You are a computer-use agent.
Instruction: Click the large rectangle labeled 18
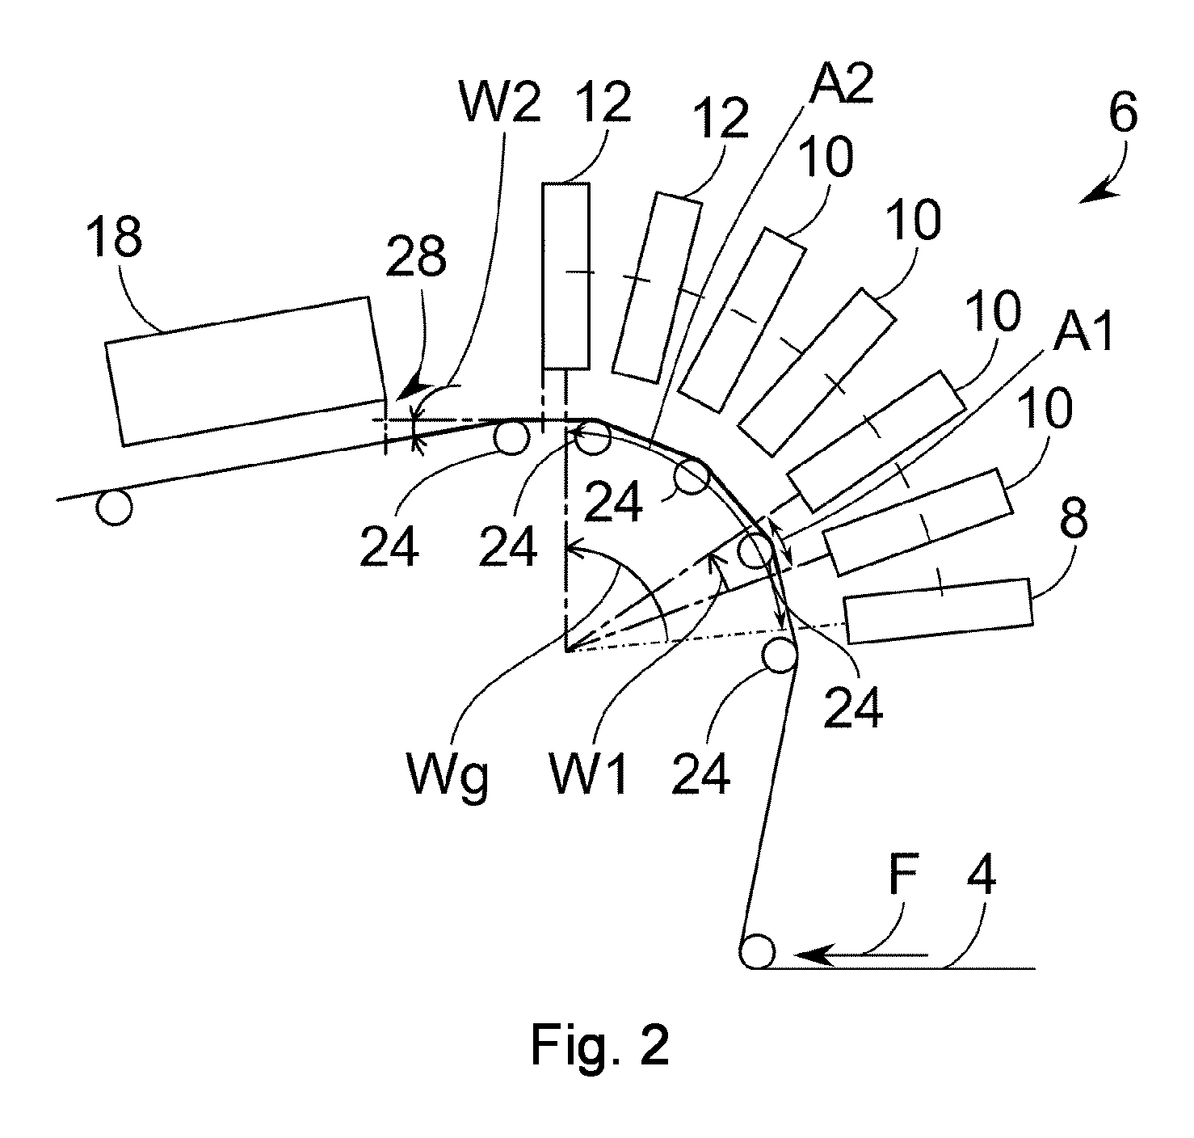pos(246,372)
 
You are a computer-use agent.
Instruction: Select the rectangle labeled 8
pos(939,610)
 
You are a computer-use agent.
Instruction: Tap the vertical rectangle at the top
pos(565,276)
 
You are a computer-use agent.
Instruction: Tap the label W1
pos(586,773)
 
